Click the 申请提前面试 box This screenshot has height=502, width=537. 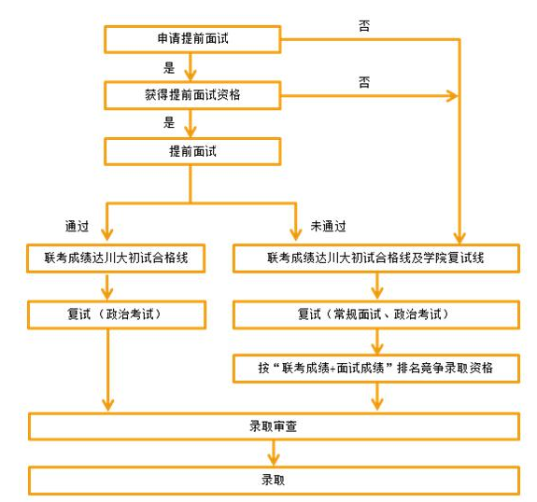191,39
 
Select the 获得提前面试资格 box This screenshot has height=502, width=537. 191,94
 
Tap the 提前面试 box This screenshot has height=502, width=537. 191,150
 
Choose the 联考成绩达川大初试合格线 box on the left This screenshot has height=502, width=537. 110,258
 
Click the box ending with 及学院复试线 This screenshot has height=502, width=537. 375,258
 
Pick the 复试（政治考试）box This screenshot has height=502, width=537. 110,314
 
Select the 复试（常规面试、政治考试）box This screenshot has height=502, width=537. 375,314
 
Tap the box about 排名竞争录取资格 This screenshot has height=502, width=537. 375,369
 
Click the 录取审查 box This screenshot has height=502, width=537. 274,426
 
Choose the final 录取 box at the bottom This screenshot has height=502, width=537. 274,481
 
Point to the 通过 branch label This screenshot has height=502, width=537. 77,226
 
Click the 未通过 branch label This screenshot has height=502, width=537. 328,226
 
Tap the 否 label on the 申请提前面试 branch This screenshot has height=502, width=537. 363,26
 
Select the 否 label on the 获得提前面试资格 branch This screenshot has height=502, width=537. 363,82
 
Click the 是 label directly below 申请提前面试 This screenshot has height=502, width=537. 169,67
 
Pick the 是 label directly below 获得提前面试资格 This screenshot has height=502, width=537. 169,122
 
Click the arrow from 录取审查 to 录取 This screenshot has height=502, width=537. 274,453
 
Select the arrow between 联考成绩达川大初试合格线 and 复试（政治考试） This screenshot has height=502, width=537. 110,286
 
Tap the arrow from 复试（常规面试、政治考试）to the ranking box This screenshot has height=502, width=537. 375,342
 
